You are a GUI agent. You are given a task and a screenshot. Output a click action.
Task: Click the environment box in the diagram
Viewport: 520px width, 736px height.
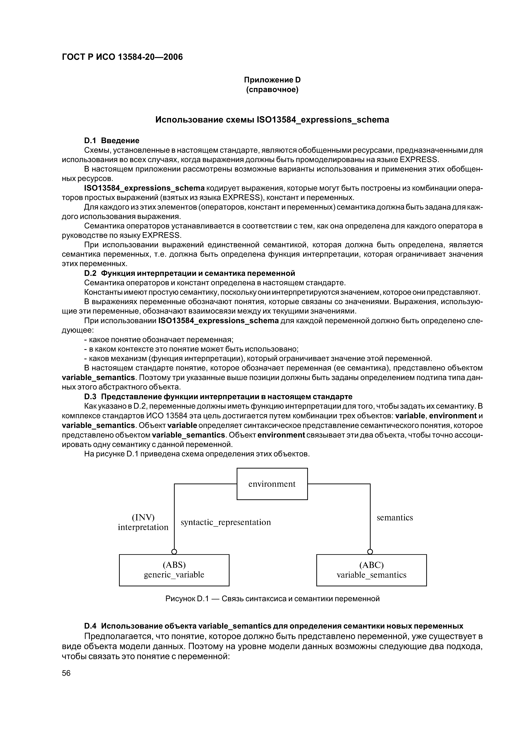(x=272, y=484)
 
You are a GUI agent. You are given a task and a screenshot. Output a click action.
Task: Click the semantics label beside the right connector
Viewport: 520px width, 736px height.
(x=395, y=517)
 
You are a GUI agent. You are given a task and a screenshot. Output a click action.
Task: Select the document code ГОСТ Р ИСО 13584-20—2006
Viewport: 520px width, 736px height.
(x=122, y=57)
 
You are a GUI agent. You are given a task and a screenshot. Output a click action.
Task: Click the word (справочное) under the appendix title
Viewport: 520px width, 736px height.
(x=272, y=90)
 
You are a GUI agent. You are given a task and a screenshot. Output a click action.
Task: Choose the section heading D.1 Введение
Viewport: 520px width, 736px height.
(x=111, y=140)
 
